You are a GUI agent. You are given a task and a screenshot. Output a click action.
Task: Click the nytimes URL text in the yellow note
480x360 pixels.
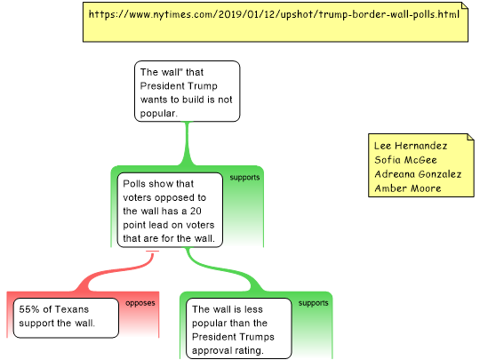[274, 14]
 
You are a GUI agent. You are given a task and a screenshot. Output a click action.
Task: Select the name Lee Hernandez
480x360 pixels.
[411, 146]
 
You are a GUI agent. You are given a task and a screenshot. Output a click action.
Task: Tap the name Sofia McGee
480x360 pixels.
[405, 160]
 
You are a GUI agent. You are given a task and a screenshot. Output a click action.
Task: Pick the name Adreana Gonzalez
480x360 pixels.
[418, 174]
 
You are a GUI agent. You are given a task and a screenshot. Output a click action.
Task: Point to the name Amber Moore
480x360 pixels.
[408, 188]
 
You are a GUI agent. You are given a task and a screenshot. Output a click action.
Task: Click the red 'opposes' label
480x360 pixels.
[140, 303]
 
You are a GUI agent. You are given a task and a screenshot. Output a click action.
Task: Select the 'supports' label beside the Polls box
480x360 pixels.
[244, 178]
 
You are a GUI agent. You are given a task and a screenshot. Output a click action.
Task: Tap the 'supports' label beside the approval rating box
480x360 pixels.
[313, 303]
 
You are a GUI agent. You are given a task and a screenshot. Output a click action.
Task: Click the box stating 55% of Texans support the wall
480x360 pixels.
[66, 317]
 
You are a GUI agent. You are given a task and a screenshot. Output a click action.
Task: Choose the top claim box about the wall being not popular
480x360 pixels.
[187, 92]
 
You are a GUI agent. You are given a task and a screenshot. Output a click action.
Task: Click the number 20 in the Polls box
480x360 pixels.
[196, 211]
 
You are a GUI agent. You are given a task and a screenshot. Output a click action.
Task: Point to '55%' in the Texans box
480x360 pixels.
[29, 309]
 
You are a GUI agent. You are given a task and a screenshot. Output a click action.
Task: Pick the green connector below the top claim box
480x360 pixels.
[187, 144]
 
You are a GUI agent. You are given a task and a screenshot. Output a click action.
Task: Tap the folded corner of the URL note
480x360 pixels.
[465, 5]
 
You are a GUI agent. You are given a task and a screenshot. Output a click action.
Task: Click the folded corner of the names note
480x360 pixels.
[470, 137]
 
